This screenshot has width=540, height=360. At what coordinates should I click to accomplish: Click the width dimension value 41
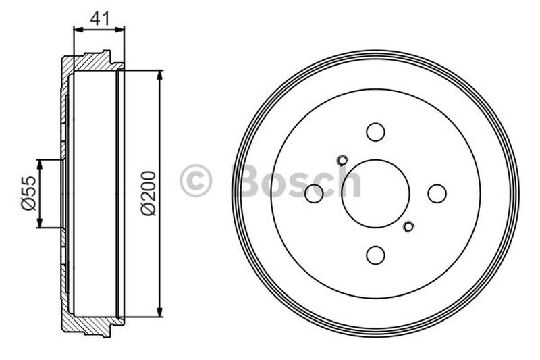click(x=99, y=18)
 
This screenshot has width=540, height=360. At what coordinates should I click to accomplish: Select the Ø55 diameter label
click(x=28, y=195)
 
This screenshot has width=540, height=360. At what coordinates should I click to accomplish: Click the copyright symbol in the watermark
click(x=196, y=180)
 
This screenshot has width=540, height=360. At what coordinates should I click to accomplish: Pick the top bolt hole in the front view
click(x=375, y=132)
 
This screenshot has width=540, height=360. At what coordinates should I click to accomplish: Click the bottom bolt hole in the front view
click(x=375, y=255)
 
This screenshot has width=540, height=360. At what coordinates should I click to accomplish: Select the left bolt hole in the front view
click(x=314, y=194)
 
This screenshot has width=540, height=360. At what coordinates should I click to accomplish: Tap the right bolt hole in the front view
click(x=437, y=193)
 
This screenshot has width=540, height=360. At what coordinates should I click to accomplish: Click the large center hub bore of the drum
click(x=375, y=194)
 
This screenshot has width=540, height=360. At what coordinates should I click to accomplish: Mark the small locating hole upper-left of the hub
click(x=342, y=160)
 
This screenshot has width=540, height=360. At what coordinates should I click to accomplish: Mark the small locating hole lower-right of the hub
click(x=408, y=226)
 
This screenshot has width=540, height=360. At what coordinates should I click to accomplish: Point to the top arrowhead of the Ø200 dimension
click(x=160, y=74)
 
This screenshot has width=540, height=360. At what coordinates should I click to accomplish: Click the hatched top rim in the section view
click(x=91, y=62)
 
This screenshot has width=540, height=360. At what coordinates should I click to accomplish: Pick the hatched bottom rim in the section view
click(x=91, y=325)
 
